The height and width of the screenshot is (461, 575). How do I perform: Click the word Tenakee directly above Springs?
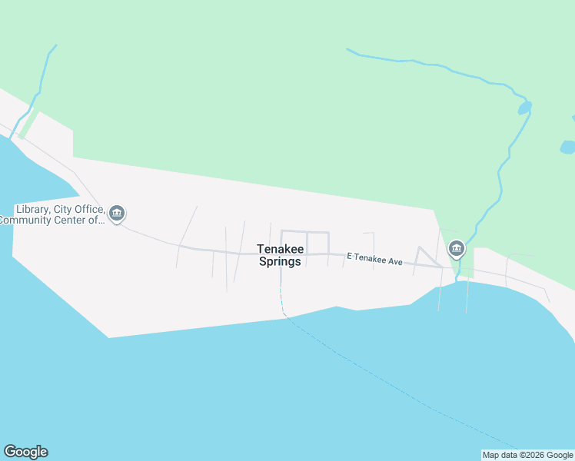pos(280,249)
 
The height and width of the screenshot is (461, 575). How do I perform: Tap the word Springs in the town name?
pos(280,261)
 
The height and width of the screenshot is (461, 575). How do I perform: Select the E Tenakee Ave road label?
pos(375,261)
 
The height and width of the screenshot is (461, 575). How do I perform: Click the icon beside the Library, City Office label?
pos(117,213)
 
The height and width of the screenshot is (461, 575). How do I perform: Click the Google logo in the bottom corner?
pos(25,452)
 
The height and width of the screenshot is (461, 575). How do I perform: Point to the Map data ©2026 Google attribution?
pos(527,455)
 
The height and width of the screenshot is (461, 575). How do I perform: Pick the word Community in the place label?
pos(28,221)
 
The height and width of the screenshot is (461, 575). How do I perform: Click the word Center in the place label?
pos(75,221)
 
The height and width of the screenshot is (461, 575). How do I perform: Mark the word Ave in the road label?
pos(395,262)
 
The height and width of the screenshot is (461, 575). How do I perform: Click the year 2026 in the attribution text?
pos(526,455)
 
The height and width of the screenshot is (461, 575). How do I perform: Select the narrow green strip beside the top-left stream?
pos(28,123)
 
